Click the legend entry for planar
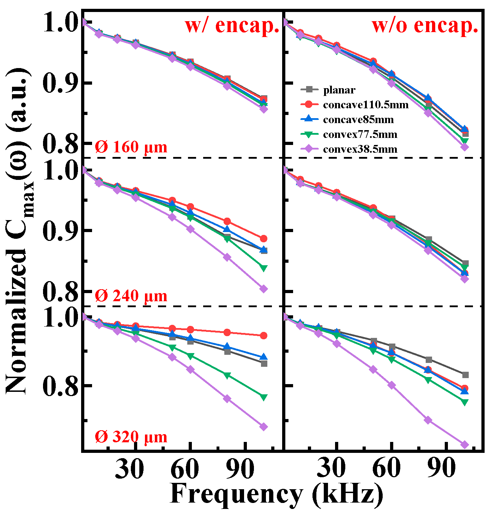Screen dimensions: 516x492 point(339,90)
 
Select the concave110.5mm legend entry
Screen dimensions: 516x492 point(365,105)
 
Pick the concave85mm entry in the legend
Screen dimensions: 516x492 point(358,120)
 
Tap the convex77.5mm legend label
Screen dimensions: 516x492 point(360,134)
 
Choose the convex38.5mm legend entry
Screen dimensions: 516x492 point(360,149)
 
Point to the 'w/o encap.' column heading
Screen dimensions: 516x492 point(425,25)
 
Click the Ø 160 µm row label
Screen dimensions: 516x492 point(131,147)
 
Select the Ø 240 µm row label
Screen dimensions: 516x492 point(131,296)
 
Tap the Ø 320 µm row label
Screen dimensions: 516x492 point(131,437)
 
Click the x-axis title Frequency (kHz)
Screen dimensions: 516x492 point(276,494)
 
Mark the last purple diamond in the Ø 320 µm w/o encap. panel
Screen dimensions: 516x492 point(465,445)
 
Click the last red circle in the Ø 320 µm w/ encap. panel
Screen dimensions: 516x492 point(263,335)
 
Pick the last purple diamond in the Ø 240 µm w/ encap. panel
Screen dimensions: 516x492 point(263,289)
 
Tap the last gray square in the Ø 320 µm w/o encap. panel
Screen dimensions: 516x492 point(465,375)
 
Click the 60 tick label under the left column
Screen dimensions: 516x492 point(184,469)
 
